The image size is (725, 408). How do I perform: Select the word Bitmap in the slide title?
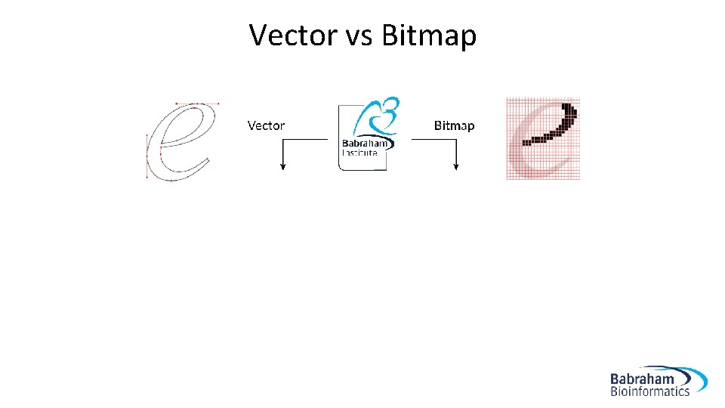click(429, 36)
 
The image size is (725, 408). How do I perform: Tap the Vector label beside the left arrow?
click(266, 125)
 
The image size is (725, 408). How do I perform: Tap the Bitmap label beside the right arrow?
click(454, 125)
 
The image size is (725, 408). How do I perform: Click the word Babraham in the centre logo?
click(366, 144)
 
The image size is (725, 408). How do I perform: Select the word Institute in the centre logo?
click(359, 152)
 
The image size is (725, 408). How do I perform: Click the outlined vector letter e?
click(179, 141)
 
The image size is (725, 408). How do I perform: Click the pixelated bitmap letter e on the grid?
click(542, 139)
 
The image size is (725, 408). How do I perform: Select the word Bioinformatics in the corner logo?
click(650, 391)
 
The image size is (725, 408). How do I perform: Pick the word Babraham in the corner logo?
click(643, 379)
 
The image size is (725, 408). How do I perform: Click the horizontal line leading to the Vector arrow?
click(305, 140)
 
